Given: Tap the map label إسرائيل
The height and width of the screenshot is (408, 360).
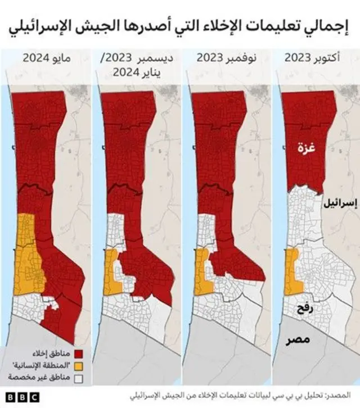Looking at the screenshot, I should click(x=338, y=205).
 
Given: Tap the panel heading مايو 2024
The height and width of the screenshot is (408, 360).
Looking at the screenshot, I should click(x=45, y=57).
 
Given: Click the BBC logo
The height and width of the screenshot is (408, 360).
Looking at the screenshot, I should click(x=23, y=397).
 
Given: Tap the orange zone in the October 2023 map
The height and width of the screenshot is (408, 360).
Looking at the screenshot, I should click(x=292, y=272).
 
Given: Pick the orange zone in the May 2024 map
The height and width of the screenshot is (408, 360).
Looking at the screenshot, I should click(x=25, y=253).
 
